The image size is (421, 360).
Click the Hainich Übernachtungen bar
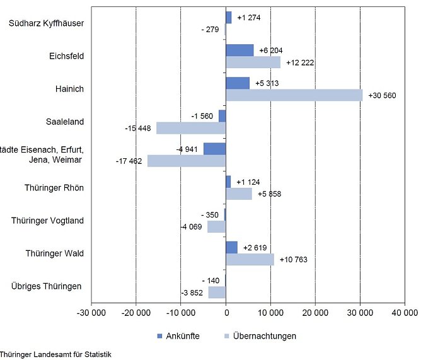click(294, 95)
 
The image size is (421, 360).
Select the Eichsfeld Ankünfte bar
click(239, 50)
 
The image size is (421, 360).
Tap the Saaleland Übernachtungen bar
click(191, 128)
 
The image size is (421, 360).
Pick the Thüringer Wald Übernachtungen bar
click(250, 259)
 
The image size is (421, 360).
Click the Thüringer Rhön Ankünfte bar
click(228, 182)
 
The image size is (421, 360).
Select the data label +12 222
click(299, 62)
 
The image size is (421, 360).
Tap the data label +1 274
click(248, 17)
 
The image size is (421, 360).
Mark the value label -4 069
click(190, 227)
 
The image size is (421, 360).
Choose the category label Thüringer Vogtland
click(47, 221)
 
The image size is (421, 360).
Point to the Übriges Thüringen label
click(46, 286)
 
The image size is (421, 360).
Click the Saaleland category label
click(65, 122)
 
